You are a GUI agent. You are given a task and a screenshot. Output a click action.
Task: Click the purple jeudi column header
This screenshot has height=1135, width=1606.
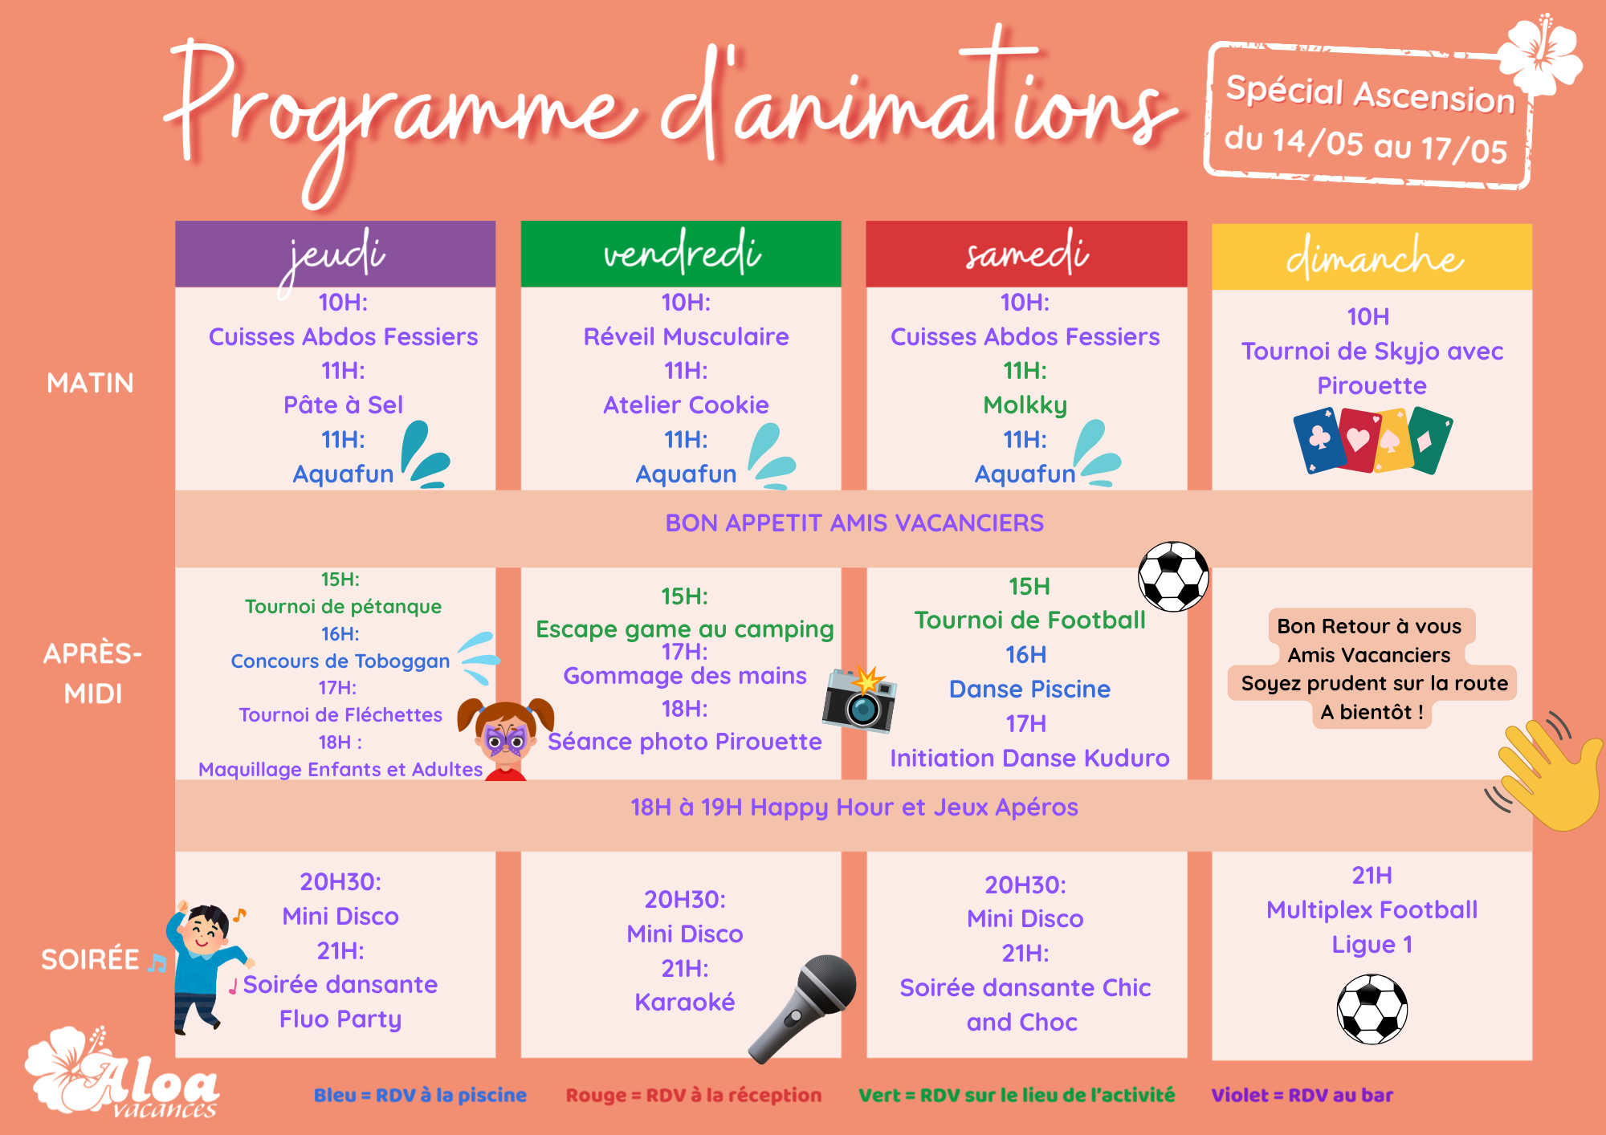[x=335, y=254]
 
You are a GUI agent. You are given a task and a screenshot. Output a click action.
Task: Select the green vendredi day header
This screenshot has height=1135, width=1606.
[x=681, y=254]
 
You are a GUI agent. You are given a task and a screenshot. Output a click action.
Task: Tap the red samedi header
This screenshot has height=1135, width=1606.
[x=1026, y=254]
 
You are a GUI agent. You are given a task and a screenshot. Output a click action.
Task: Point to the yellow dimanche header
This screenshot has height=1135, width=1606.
[x=1372, y=257]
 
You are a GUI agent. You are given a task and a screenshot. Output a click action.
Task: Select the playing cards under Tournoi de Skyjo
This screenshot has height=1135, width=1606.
[x=1372, y=441]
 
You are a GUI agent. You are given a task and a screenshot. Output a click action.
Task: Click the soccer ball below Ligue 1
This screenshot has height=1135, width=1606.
[x=1372, y=1009]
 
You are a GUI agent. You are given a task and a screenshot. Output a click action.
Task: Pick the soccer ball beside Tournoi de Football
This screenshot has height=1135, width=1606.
[x=1173, y=576]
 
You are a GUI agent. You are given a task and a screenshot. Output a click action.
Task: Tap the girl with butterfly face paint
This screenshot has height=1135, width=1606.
[x=505, y=738]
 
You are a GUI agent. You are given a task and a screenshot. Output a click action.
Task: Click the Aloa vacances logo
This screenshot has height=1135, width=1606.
[x=122, y=1072]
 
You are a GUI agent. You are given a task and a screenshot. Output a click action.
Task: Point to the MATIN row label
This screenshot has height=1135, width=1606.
[x=90, y=383]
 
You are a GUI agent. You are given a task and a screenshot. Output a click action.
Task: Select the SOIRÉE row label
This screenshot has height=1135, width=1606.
[x=90, y=959]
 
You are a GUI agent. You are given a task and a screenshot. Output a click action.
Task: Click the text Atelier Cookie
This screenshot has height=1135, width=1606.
[x=686, y=405]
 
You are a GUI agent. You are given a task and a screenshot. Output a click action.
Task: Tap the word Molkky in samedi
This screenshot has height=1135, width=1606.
[x=1025, y=405]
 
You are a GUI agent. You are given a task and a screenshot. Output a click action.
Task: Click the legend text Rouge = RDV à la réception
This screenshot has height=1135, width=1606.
[x=694, y=1095]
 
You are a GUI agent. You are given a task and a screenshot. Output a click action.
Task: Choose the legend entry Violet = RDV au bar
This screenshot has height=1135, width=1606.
[x=1302, y=1095]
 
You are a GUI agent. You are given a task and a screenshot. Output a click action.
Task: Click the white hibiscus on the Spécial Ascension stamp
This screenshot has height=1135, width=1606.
[x=1540, y=55]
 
